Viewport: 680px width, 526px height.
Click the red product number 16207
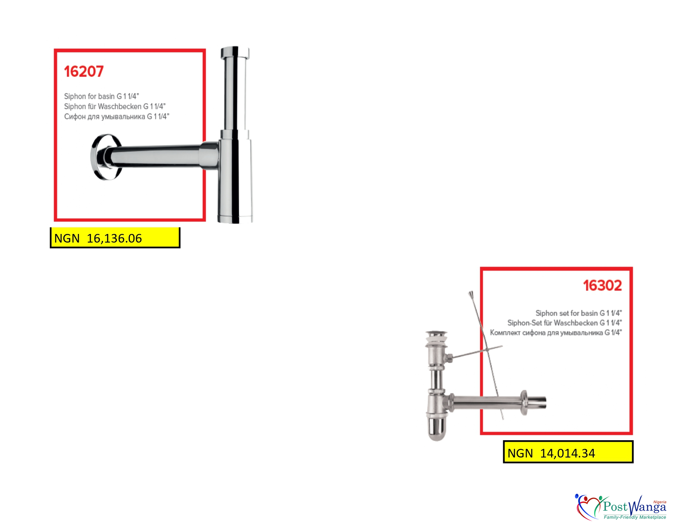[x=84, y=71]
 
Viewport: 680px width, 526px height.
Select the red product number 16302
[x=603, y=285]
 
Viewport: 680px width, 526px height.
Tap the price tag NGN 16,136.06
[x=115, y=238]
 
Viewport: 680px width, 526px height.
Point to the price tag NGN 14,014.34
[x=568, y=452]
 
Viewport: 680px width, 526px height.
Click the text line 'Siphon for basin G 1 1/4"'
[x=101, y=96]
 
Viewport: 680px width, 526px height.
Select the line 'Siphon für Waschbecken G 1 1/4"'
[x=115, y=106]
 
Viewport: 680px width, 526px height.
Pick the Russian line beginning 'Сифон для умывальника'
[x=116, y=116]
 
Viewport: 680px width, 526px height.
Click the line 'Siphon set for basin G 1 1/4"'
[x=579, y=313]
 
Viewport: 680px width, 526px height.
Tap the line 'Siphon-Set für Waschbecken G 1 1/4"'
[x=565, y=323]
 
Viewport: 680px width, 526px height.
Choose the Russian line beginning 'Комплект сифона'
[x=556, y=333]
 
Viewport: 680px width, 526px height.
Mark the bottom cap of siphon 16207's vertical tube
[x=235, y=219]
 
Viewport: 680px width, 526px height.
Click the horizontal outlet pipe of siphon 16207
[x=155, y=156]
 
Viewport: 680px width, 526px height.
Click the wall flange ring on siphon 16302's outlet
[x=523, y=403]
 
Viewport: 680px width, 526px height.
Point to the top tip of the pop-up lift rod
[x=470, y=292]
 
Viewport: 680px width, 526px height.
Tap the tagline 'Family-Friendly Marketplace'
[x=635, y=517]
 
